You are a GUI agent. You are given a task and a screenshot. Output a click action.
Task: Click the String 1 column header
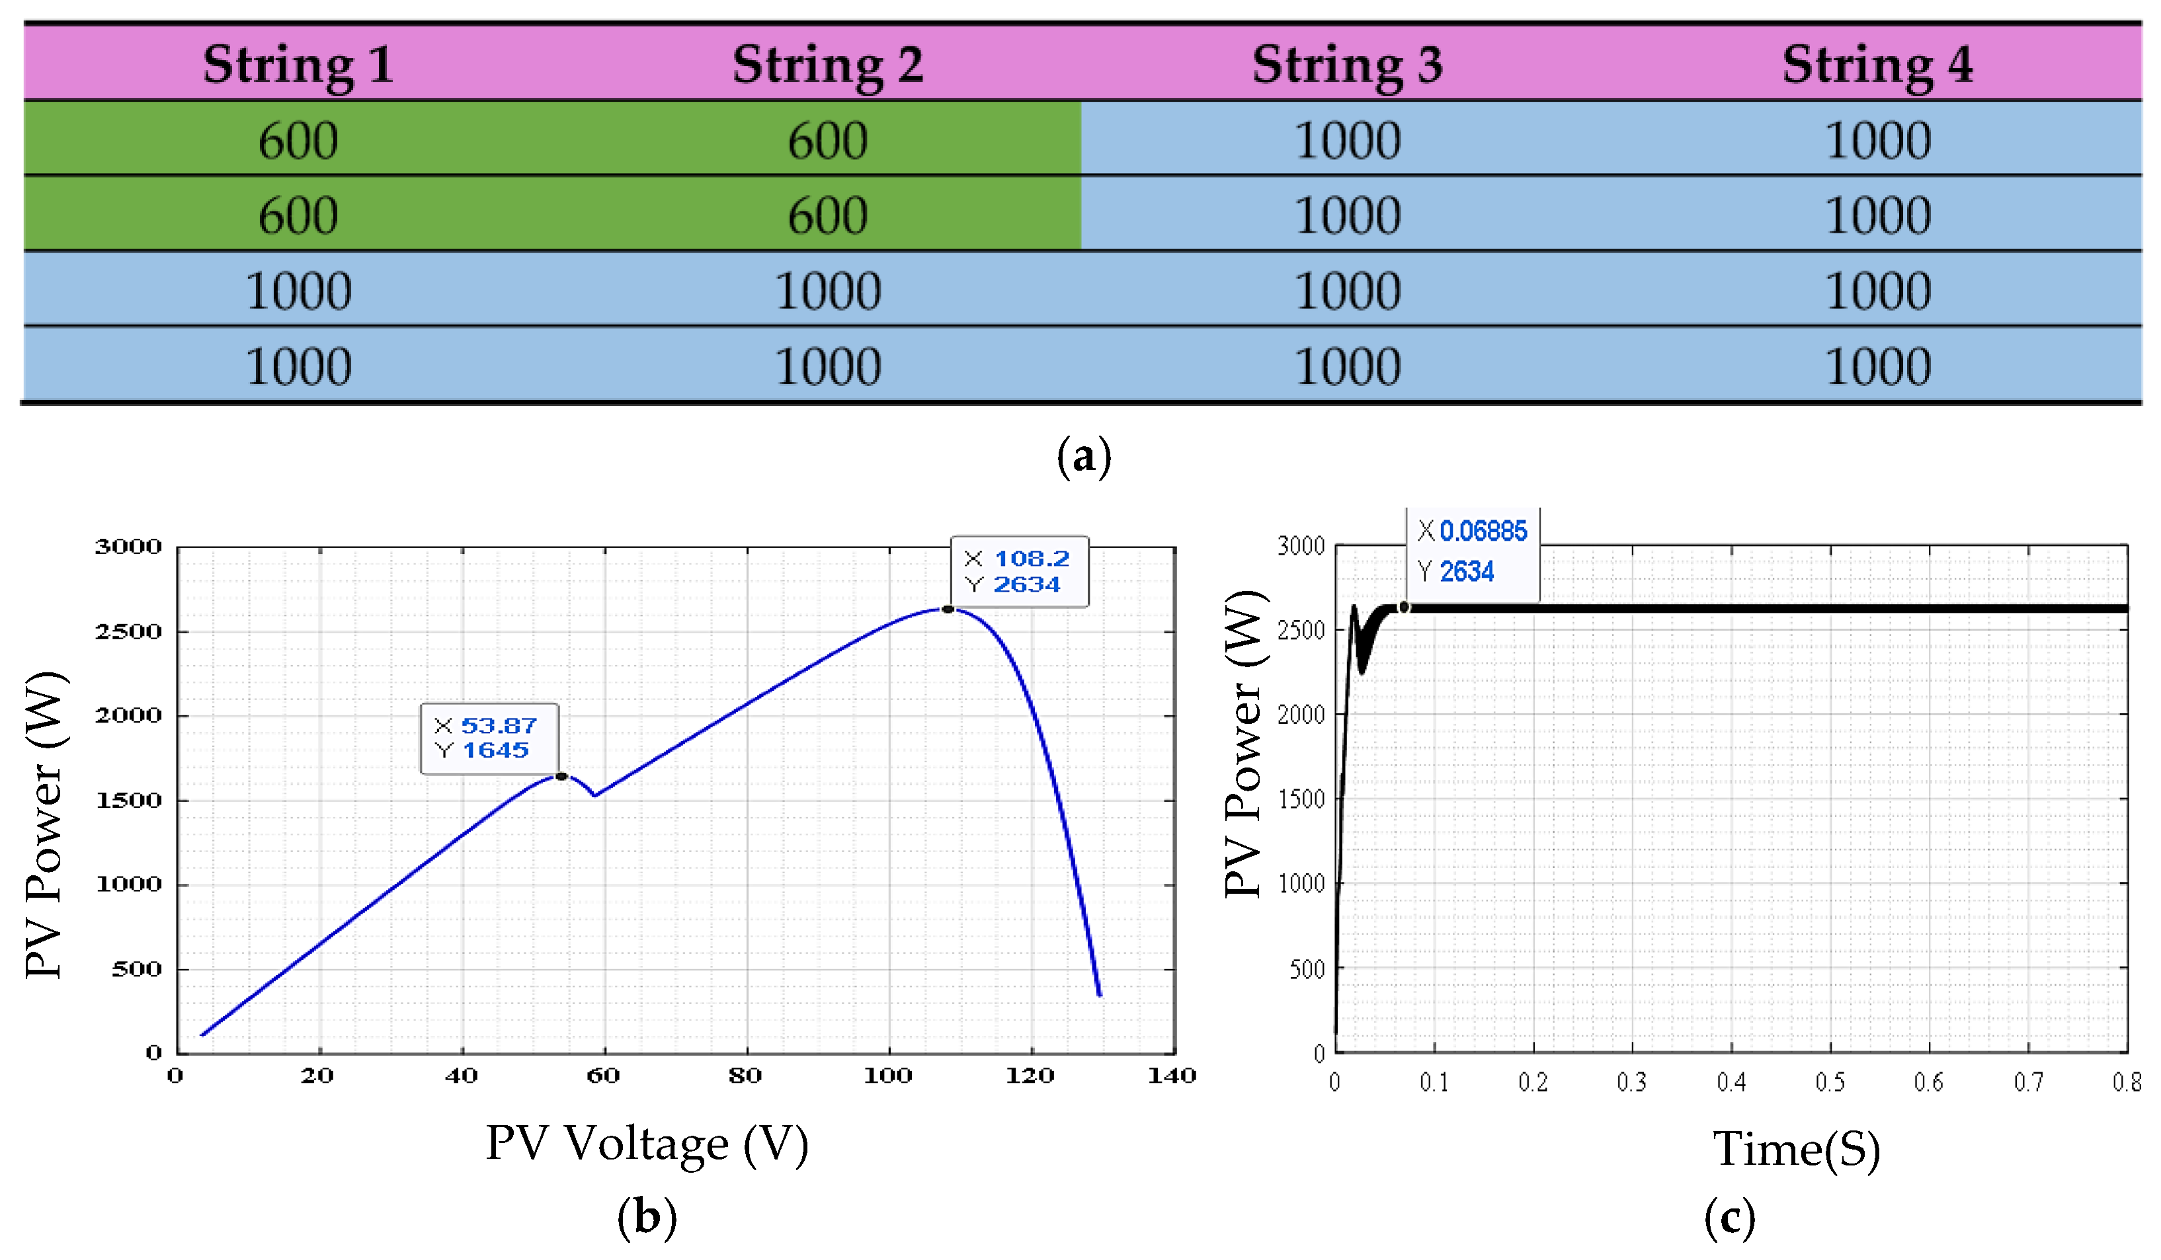pyautogui.click(x=298, y=64)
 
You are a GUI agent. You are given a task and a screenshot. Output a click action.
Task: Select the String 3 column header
pyautogui.click(x=1346, y=64)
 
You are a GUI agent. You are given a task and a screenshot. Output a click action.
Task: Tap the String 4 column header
pyautogui.click(x=1877, y=64)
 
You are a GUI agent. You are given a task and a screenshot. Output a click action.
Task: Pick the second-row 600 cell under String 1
pyautogui.click(x=298, y=214)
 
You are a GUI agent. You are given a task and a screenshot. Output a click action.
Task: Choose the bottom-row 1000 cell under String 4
pyautogui.click(x=1877, y=366)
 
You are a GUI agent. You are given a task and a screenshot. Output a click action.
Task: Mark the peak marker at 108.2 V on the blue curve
pyautogui.click(x=948, y=610)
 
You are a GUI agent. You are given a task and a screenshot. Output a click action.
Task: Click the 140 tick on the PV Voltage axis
pyautogui.click(x=1171, y=1076)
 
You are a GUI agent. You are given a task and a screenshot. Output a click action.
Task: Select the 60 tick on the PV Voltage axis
pyautogui.click(x=603, y=1076)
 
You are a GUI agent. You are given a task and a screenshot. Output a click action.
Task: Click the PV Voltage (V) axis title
pyautogui.click(x=647, y=1144)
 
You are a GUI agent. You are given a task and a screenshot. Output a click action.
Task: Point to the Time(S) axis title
pyautogui.click(x=1796, y=1148)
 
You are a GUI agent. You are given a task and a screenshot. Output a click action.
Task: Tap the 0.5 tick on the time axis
pyautogui.click(x=1830, y=1083)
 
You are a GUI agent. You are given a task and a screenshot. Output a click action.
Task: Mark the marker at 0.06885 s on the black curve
pyautogui.click(x=1404, y=607)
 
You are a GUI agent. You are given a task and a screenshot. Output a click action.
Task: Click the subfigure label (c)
pyautogui.click(x=1729, y=1217)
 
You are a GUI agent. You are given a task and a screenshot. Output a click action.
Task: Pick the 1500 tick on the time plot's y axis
pyautogui.click(x=1301, y=799)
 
